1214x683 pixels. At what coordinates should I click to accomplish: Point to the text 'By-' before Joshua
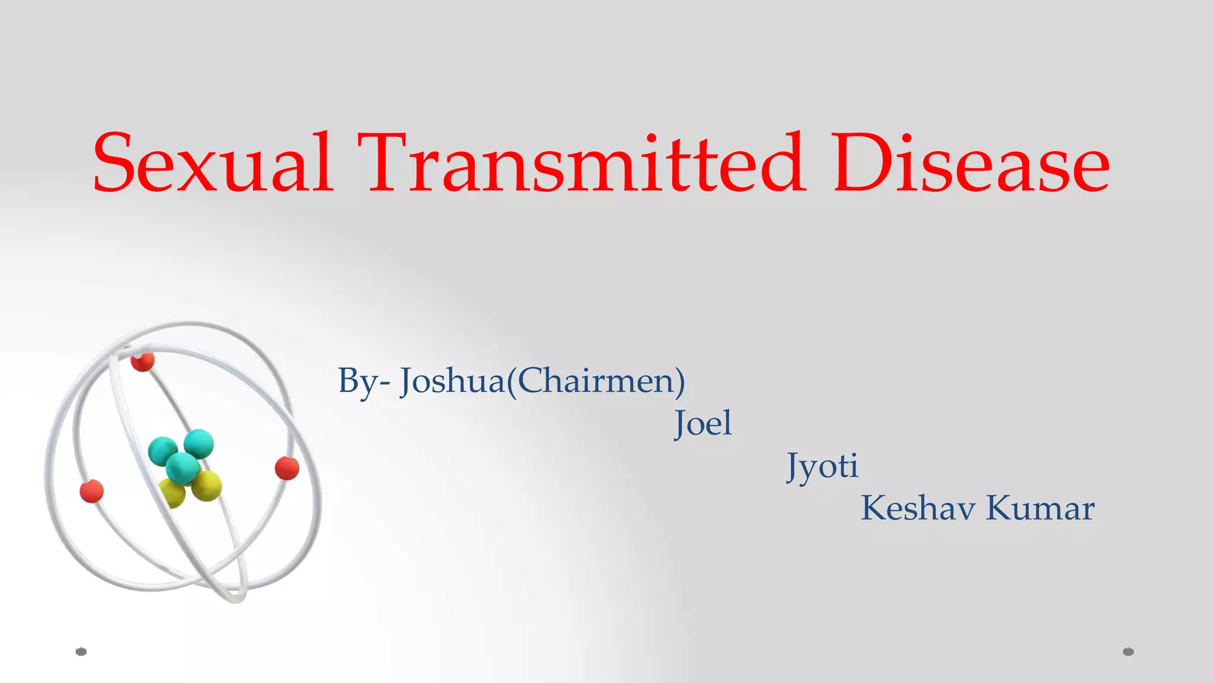363,381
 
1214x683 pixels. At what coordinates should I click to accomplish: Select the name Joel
703,423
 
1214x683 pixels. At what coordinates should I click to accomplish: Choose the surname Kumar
1040,508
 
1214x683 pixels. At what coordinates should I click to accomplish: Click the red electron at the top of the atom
142,360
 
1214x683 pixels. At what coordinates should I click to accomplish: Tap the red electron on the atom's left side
92,491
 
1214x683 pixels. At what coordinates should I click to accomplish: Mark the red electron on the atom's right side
287,468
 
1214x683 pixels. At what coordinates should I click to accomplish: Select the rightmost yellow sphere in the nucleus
207,486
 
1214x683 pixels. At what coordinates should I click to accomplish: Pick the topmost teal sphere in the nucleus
199,443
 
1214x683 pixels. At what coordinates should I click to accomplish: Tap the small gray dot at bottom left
81,652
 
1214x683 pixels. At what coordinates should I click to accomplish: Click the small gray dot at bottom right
1129,652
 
